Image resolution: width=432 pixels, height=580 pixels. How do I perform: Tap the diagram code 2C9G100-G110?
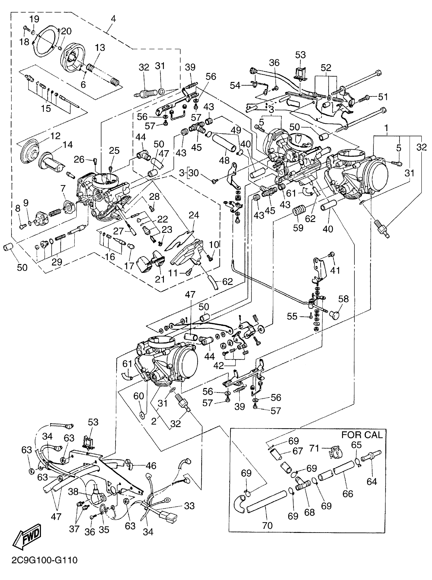click(44, 560)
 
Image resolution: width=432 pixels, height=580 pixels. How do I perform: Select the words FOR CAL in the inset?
click(362, 435)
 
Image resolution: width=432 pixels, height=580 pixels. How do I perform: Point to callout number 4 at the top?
click(113, 19)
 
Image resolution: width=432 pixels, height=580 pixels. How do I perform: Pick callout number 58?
click(343, 299)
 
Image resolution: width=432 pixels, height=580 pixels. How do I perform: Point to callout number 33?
click(189, 506)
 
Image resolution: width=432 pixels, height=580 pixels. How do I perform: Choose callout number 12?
click(55, 136)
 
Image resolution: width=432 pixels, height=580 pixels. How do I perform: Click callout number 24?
click(194, 215)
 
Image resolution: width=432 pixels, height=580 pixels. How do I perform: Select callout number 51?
click(383, 97)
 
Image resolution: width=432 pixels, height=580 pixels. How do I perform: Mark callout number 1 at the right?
click(386, 128)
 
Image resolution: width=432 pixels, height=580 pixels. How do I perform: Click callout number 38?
click(73, 492)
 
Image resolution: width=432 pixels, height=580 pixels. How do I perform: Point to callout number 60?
click(138, 396)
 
